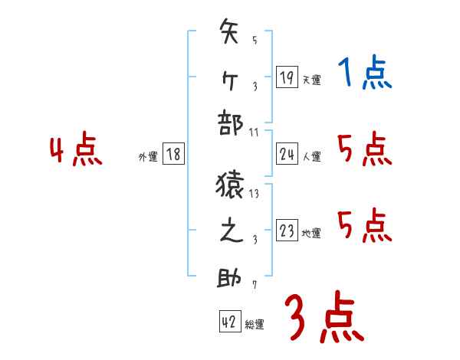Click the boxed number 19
(x=287, y=77)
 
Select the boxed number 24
(x=287, y=155)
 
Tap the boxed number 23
(x=287, y=231)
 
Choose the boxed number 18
(x=173, y=154)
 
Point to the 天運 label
(x=311, y=80)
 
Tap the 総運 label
(x=255, y=325)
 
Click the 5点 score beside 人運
(x=364, y=149)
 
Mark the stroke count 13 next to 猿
(x=255, y=194)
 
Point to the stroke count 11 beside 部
(x=254, y=133)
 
